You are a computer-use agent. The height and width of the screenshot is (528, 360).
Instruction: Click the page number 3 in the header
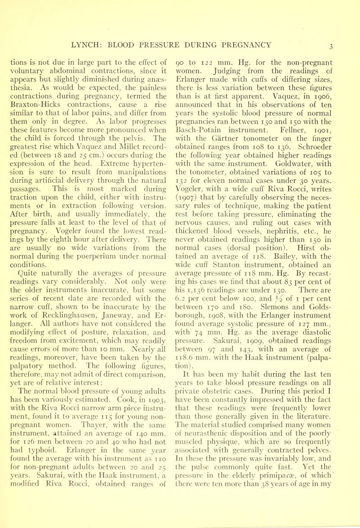coord(343,44)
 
